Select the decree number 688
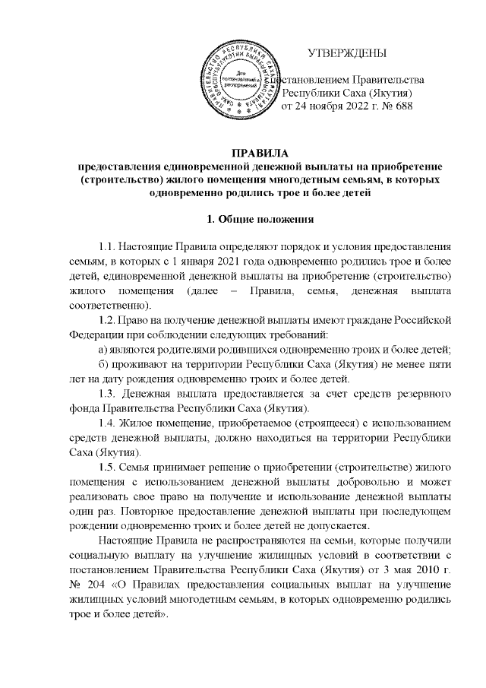[402, 106]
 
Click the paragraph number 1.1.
[109, 247]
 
